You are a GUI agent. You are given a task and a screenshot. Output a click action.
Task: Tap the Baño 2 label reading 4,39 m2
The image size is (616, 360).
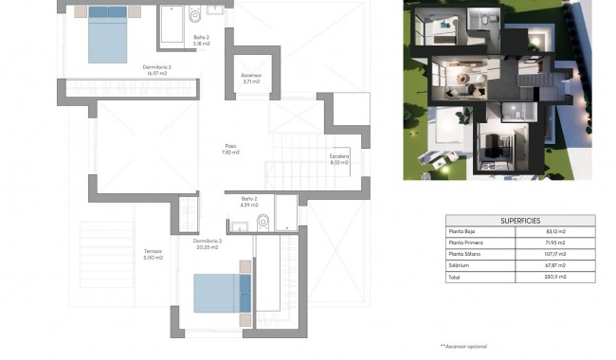pos(249,202)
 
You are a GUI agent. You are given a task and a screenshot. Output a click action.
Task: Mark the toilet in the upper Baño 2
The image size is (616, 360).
pos(194,14)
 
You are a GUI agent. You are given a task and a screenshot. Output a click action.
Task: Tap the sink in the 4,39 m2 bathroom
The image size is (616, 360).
pos(241,225)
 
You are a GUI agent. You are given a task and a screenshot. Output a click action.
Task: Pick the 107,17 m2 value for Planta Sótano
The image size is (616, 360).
pos(555,254)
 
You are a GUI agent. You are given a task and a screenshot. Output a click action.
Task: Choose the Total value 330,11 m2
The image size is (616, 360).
pos(555,277)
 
